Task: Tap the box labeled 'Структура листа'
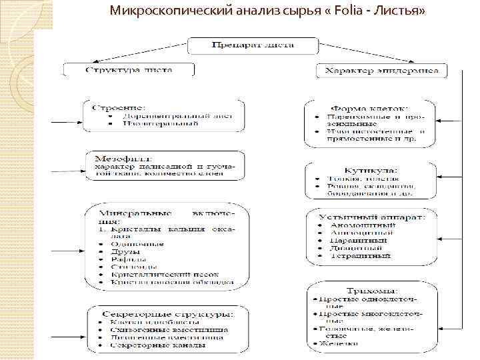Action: (129, 69)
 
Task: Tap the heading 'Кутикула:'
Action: (371, 170)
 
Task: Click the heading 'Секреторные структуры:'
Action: (167, 313)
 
